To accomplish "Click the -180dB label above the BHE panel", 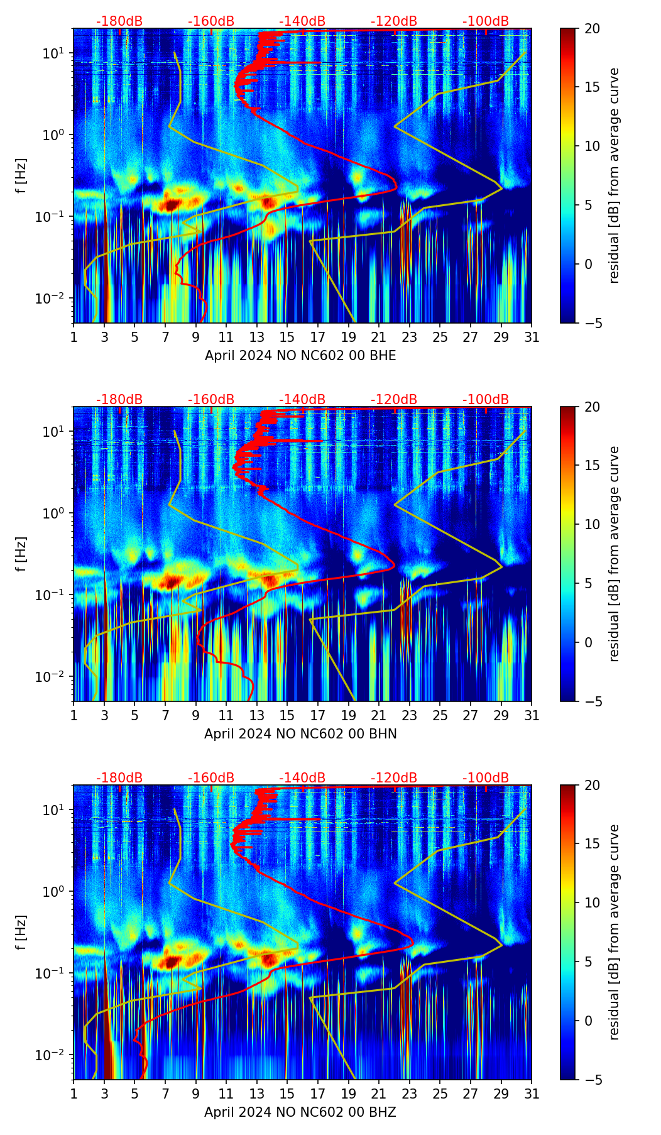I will [x=119, y=21].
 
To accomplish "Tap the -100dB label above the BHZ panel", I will [x=486, y=778].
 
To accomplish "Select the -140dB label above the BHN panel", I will [x=302, y=400].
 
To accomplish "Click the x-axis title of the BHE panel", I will [x=300, y=356].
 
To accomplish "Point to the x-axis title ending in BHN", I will [x=300, y=734].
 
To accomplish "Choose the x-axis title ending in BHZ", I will [x=300, y=1112].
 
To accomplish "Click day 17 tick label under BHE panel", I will [x=318, y=337].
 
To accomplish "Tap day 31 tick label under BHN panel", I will [x=532, y=716].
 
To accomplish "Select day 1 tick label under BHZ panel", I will [x=74, y=1094].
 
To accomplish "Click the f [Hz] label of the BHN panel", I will [x=21, y=554].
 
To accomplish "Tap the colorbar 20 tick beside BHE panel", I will [x=591, y=28].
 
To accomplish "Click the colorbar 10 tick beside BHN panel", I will [x=591, y=524].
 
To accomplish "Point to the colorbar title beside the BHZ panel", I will [x=615, y=932].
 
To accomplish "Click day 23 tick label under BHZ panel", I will [x=410, y=1094].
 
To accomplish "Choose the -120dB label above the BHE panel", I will [x=394, y=21].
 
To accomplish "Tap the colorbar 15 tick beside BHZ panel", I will [x=591, y=844].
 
